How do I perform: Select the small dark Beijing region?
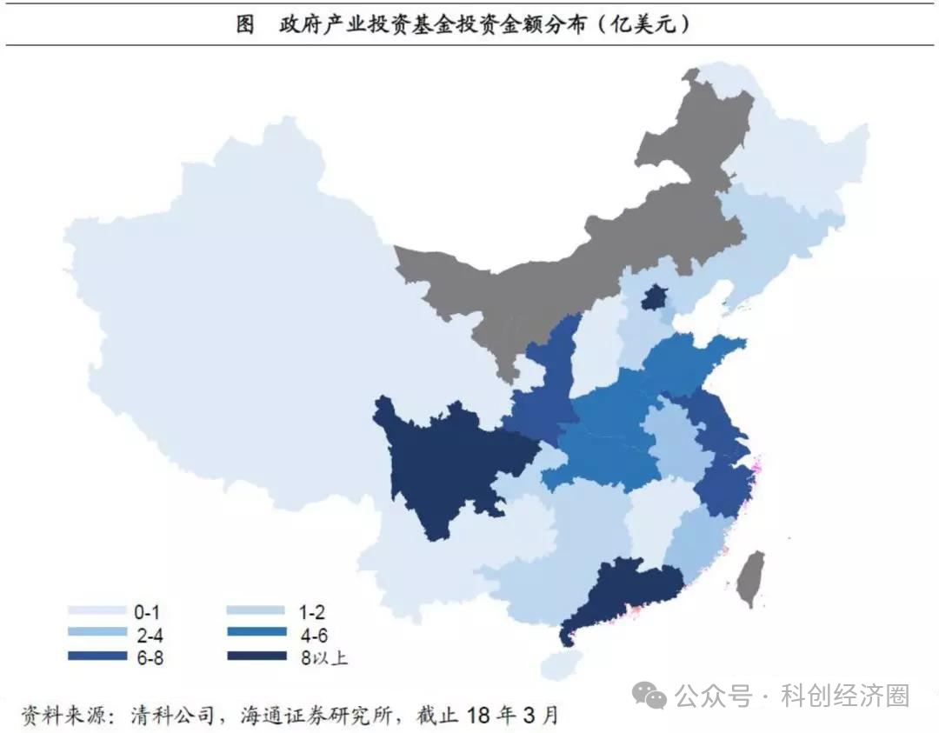tap(651, 298)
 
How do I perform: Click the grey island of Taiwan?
tap(750, 578)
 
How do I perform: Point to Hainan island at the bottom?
tap(557, 665)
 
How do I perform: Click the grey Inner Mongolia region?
tap(556, 278)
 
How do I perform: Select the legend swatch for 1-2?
tap(256, 611)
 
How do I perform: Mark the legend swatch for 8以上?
tap(256, 656)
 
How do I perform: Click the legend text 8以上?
tap(323, 657)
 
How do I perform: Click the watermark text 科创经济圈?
tap(845, 696)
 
